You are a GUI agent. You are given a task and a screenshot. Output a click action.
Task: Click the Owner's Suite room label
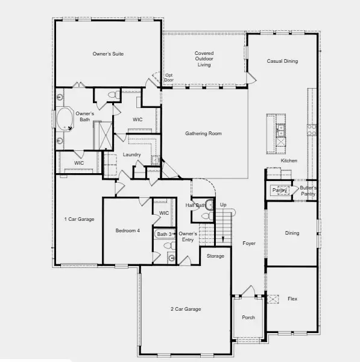pos(109,54)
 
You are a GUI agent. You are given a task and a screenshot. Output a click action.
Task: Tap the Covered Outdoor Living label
pos(204,59)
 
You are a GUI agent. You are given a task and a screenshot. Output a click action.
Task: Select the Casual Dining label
pos(282,61)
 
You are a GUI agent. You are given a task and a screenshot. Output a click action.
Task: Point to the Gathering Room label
pos(203,133)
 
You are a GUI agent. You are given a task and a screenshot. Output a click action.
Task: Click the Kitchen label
pos(289,161)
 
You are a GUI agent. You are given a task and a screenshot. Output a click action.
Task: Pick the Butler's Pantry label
pos(308,191)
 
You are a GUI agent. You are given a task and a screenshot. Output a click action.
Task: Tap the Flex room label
pos(292,299)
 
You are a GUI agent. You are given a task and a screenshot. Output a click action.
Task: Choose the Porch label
pos(248,317)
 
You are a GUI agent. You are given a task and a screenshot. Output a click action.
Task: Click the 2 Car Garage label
pos(186,310)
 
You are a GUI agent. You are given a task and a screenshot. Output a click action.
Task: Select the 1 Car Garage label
pos(79,219)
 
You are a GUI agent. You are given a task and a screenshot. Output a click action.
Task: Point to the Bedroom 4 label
pos(128,230)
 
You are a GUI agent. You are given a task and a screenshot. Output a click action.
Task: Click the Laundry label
pos(131,155)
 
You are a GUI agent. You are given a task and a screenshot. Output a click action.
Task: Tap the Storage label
pos(215,256)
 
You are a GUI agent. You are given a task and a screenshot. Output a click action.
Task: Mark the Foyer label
pos(249,244)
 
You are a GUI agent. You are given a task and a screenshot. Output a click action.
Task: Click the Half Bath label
pos(195,206)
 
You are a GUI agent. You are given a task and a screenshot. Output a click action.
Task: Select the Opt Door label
pos(169,77)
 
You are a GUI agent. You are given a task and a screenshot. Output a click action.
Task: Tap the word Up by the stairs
pos(223,205)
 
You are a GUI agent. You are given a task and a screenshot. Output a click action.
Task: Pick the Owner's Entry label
pos(188,237)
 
